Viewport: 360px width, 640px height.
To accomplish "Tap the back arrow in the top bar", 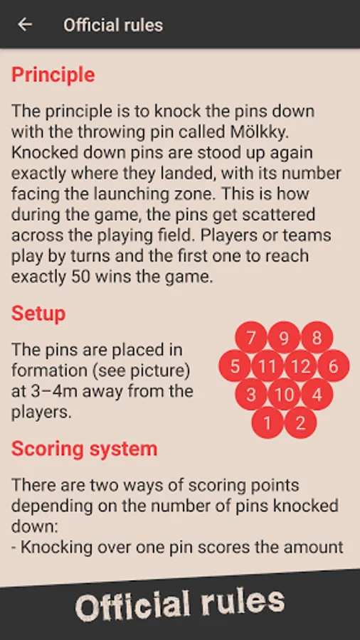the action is [25, 24].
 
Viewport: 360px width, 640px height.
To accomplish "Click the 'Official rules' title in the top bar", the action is [113, 26].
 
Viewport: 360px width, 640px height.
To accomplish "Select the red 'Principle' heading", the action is [53, 75].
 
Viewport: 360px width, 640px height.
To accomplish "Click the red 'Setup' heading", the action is [38, 314].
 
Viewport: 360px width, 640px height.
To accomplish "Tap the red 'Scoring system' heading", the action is [84, 449].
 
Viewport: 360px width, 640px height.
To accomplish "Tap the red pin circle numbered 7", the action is [251, 338].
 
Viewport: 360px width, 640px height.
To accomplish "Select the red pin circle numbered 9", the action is [284, 338].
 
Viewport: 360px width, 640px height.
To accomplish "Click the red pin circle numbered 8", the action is [317, 338].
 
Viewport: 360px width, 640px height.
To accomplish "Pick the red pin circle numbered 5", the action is [235, 366].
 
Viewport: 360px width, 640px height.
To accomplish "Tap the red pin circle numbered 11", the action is [268, 366].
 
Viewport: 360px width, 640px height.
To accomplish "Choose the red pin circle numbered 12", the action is [300, 366].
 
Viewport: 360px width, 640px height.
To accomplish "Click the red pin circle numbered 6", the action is [334, 366].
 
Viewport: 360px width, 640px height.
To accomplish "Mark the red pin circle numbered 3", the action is [251, 394].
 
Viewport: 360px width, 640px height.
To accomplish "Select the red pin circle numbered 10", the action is [284, 394].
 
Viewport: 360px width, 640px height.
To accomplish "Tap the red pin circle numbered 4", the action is [317, 394].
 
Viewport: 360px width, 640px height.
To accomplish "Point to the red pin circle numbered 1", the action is [268, 423].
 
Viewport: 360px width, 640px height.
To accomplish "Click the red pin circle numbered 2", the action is [300, 423].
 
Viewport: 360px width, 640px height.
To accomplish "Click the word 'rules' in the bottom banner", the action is [243, 603].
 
